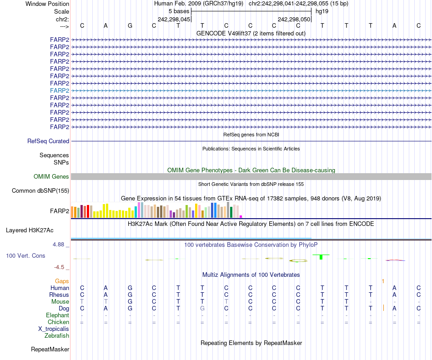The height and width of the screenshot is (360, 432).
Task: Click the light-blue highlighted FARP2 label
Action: click(x=60, y=90)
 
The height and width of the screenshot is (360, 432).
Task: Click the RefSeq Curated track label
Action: click(x=48, y=141)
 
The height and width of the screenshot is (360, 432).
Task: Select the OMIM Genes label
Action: click(x=51, y=177)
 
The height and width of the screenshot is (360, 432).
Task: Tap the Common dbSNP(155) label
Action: click(x=40, y=191)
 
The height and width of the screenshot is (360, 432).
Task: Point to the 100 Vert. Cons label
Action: click(x=25, y=256)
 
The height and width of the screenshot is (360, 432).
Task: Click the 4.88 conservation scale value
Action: click(x=60, y=245)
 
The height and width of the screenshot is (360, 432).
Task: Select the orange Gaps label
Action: click(x=62, y=281)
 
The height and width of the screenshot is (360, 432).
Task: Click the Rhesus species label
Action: click(x=59, y=295)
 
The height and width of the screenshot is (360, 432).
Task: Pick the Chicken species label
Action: click(x=59, y=322)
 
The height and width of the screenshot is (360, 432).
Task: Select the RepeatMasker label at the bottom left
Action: click(x=50, y=350)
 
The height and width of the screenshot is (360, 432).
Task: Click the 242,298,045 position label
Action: click(x=174, y=20)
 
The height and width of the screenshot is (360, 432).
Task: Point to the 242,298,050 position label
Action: click(x=294, y=20)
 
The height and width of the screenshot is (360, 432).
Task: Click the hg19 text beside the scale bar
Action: click(x=322, y=11)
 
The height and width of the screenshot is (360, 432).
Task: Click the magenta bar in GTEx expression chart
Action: click(x=241, y=216)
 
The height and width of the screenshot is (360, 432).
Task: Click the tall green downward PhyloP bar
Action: click(x=321, y=257)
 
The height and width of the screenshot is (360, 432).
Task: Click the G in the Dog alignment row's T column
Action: click(x=202, y=309)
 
